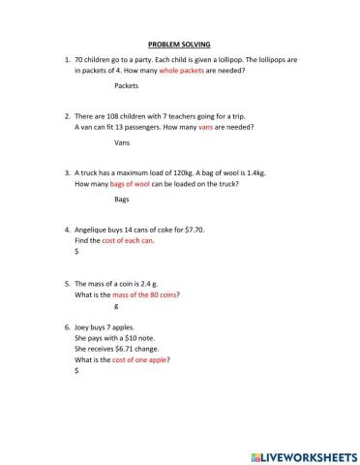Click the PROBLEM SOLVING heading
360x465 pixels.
179,45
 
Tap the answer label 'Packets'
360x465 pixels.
126,86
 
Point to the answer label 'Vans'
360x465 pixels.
122,142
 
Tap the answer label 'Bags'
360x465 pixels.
122,200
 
